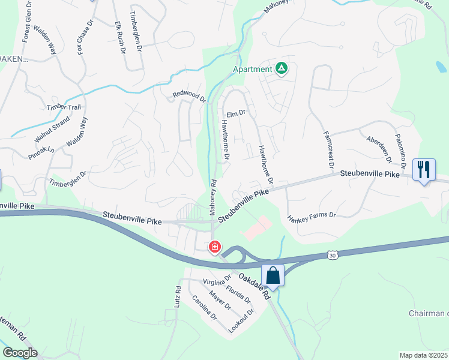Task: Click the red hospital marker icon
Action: [x=214, y=247]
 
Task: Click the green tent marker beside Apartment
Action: [x=282, y=69]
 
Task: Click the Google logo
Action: [x=20, y=352]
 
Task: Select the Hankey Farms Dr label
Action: [x=311, y=215]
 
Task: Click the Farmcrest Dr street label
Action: [x=328, y=149]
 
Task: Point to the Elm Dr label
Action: [x=236, y=113]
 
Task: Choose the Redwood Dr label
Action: [x=189, y=95]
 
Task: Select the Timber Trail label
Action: [x=64, y=107]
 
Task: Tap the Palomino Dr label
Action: [x=401, y=148]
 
